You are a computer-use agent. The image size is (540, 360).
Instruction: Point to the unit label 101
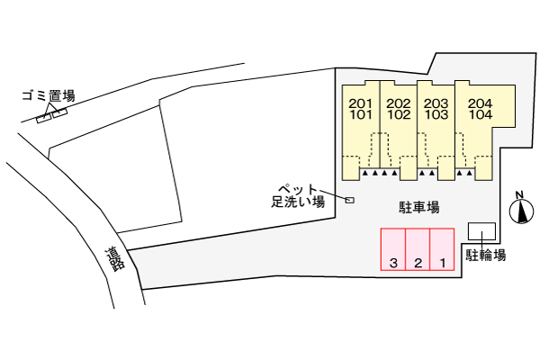click(360, 115)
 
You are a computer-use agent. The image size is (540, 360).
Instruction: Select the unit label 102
click(399, 115)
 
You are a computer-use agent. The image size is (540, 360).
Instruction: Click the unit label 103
click(436, 115)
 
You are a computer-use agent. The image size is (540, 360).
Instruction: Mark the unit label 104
click(480, 115)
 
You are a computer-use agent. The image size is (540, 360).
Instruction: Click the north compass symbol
click(519, 212)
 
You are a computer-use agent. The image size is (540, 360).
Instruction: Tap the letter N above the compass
click(519, 194)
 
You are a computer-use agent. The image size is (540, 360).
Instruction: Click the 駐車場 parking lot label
click(418, 207)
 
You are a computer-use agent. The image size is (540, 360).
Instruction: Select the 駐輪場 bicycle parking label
click(485, 255)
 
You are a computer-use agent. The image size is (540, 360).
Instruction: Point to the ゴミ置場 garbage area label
click(49, 95)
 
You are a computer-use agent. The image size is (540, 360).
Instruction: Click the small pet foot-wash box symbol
click(350, 200)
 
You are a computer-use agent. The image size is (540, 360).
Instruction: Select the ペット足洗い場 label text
click(297, 195)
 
